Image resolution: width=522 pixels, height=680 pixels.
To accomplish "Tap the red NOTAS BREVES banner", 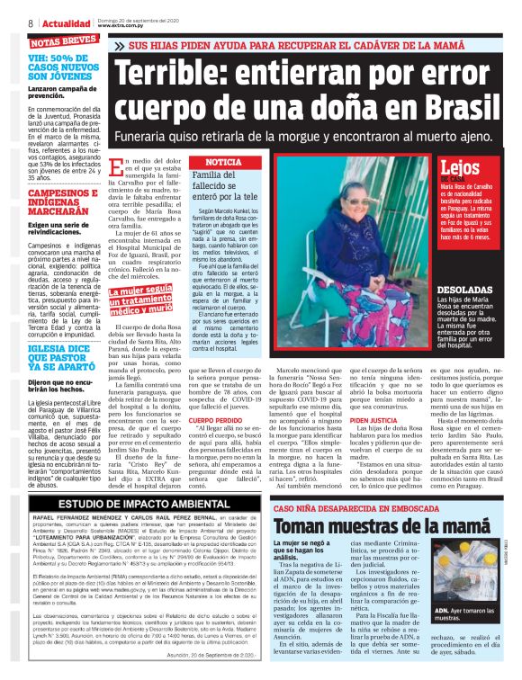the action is [63, 41].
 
